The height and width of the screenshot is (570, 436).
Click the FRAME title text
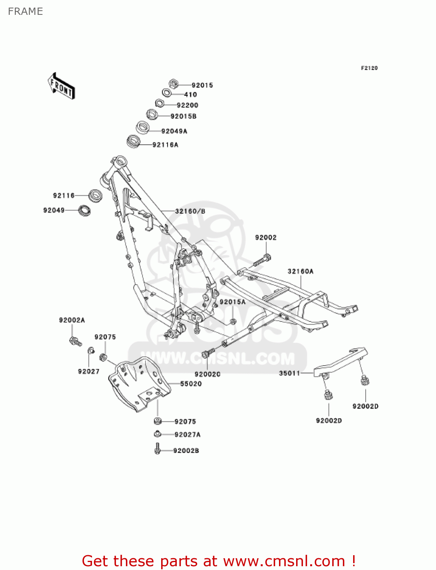pos(25,11)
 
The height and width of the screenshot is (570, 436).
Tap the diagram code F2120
pos(369,68)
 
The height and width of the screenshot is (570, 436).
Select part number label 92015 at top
pos(202,85)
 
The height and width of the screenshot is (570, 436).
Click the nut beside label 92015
pos(173,84)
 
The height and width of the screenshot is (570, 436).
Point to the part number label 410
pos(190,95)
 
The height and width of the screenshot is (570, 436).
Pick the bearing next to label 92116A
pos(133,142)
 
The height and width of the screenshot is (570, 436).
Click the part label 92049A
pos(174,131)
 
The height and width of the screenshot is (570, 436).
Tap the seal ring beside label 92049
pos(84,210)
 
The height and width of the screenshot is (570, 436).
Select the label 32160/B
pos(190,211)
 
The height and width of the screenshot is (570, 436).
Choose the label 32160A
pos(300,271)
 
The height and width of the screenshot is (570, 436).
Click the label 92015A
pos(233,302)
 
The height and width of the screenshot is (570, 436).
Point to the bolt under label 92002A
pos(75,341)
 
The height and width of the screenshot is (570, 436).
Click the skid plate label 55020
pos(191,384)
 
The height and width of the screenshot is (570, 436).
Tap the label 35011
pos(290,373)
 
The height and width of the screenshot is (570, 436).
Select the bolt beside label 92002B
pos(157,449)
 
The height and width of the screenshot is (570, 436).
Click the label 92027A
pos(187,435)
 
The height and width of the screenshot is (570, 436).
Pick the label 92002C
pos(208,374)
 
